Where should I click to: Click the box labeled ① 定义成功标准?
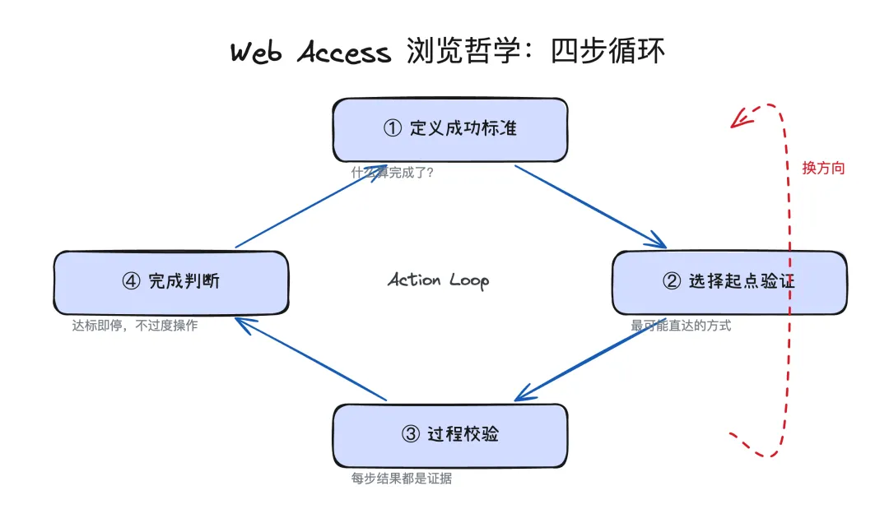[449, 129]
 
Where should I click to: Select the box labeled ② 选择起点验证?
[729, 282]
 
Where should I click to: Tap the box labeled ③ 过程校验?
[449, 435]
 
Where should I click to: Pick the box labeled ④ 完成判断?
[171, 282]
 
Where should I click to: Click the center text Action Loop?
[438, 280]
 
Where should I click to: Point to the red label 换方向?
[823, 169]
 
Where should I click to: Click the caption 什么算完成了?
[392, 173]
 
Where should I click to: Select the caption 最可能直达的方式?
[681, 326]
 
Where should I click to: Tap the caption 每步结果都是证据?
[401, 479]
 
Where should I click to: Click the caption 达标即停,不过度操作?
[134, 326]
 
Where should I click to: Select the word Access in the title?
[344, 53]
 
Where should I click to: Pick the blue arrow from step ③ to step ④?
[311, 359]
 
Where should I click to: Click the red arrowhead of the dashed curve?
[739, 120]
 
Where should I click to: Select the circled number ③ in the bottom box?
[410, 435]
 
